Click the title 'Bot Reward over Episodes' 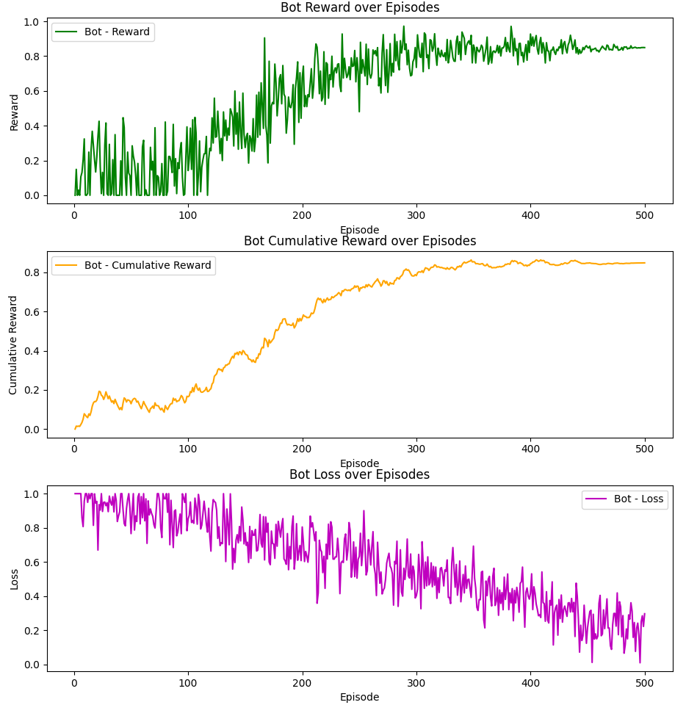(360, 7)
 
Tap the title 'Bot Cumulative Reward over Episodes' (360, 241)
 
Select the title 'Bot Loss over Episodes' (360, 474)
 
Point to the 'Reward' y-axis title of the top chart (14, 112)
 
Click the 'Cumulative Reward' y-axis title (14, 345)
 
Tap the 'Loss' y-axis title (14, 579)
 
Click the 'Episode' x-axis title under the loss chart (360, 697)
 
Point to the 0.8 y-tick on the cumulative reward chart (32, 272)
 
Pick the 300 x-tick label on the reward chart (416, 215)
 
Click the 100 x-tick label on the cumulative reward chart (188, 448)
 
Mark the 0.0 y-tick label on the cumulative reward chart (32, 430)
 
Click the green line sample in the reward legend (68, 32)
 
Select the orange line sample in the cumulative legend (68, 265)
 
